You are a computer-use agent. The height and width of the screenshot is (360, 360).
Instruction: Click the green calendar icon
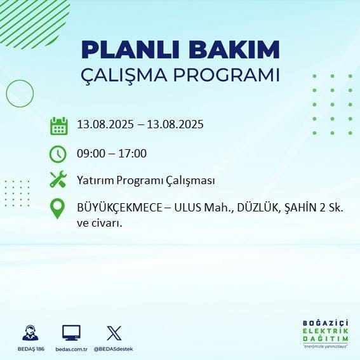pyautogui.click(x=58, y=125)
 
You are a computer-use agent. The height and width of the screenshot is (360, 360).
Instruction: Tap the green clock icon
pyautogui.click(x=58, y=153)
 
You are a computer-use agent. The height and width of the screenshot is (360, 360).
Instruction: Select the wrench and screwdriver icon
pyautogui.click(x=58, y=180)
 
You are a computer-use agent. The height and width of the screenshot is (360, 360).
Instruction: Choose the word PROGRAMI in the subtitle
pyautogui.click(x=230, y=74)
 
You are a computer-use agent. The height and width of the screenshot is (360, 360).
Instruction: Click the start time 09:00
pyautogui.click(x=90, y=153)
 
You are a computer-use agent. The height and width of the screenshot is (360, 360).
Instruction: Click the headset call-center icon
pyautogui.click(x=29, y=333)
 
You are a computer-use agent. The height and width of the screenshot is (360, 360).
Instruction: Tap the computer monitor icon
pyautogui.click(x=71, y=333)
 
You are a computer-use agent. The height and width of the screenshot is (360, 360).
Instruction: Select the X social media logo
pyautogui.click(x=114, y=333)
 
